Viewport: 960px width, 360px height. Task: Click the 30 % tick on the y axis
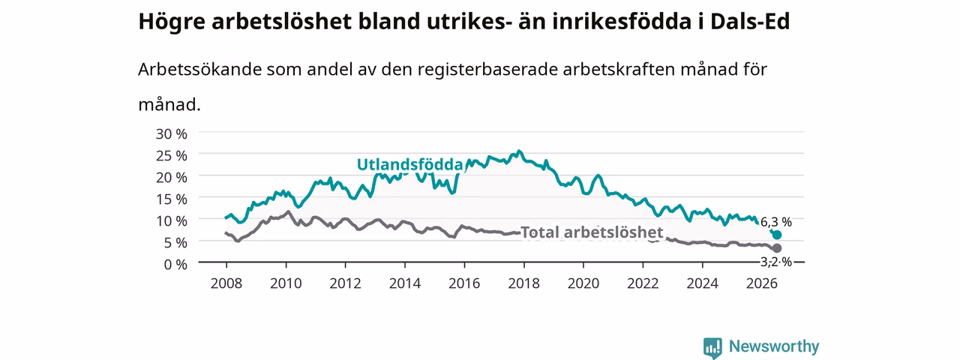pyautogui.click(x=172, y=134)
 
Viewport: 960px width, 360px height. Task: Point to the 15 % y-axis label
pyautogui.click(x=172, y=199)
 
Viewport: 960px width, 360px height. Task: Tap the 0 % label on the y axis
pyautogui.click(x=175, y=265)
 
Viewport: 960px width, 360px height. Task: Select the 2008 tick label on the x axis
pyautogui.click(x=226, y=283)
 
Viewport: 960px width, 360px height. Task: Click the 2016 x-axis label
pyautogui.click(x=464, y=283)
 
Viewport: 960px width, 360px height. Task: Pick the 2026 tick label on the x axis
pyautogui.click(x=761, y=283)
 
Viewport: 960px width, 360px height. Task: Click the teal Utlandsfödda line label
pyautogui.click(x=409, y=164)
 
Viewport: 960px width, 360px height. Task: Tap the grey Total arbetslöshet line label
pyautogui.click(x=592, y=232)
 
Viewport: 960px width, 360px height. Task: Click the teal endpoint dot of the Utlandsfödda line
pyautogui.click(x=776, y=235)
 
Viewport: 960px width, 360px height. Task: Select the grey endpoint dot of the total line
pyautogui.click(x=776, y=248)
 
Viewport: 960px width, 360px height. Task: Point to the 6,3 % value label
pyautogui.click(x=776, y=222)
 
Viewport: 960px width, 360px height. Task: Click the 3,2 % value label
pyautogui.click(x=776, y=262)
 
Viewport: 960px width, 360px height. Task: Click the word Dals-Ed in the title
pyautogui.click(x=750, y=22)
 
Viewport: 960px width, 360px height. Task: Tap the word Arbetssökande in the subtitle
pyautogui.click(x=199, y=69)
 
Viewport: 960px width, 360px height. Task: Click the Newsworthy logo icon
pyautogui.click(x=712, y=347)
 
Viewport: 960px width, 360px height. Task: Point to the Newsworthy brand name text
pyautogui.click(x=774, y=346)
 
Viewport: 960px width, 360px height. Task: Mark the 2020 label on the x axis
pyautogui.click(x=583, y=283)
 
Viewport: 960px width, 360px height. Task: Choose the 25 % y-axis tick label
pyautogui.click(x=172, y=156)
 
